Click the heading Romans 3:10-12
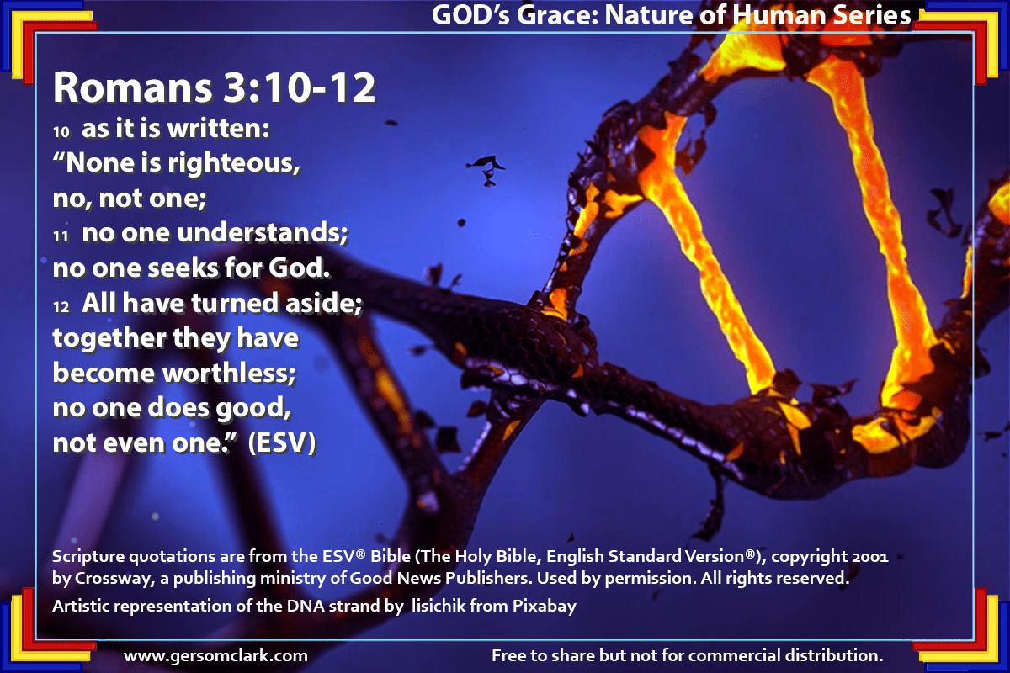[x=214, y=87]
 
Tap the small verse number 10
[x=61, y=132]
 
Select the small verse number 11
[x=61, y=236]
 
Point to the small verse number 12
[x=61, y=307]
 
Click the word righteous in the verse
[x=234, y=163]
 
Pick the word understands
[x=263, y=233]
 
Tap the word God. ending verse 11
[x=300, y=268]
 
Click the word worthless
[x=229, y=374]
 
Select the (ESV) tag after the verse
[x=282, y=443]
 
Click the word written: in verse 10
[x=219, y=129]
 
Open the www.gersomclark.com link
[x=215, y=655]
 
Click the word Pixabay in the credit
[x=545, y=606]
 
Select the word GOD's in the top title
[x=470, y=15]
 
